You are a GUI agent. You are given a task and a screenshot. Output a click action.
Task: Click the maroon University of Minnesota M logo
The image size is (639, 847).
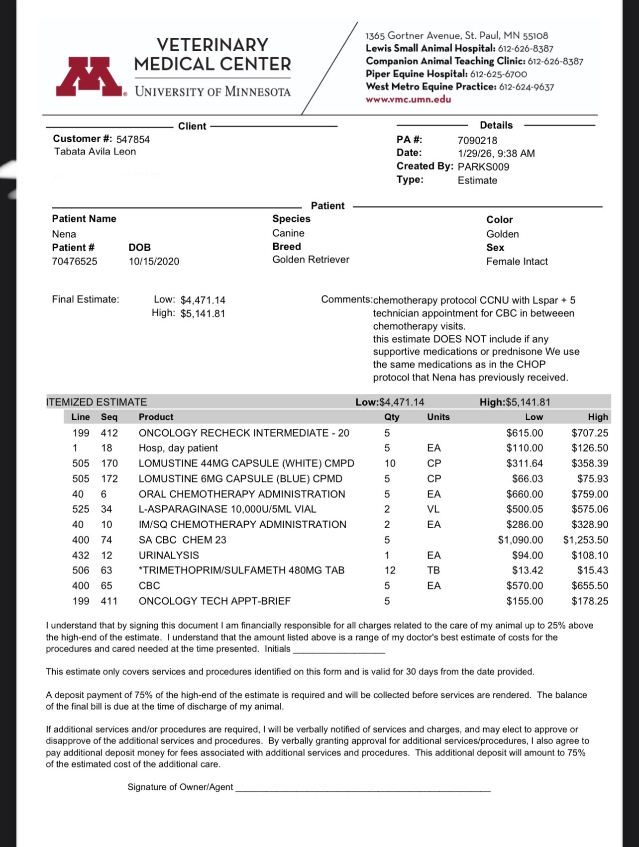[89, 76]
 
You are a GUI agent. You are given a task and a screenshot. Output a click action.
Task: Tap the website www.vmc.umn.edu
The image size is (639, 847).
[408, 99]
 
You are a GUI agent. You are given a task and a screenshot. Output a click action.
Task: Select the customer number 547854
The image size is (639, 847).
[133, 140]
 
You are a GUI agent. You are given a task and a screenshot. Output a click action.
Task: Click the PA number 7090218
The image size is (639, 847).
[477, 141]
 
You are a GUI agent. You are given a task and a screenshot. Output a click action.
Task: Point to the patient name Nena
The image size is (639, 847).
[64, 234]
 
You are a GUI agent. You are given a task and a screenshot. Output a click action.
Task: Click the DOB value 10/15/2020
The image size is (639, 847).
[154, 262]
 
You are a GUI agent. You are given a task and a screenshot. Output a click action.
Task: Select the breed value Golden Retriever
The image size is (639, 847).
[311, 260]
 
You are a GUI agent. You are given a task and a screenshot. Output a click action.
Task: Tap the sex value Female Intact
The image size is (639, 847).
[517, 262]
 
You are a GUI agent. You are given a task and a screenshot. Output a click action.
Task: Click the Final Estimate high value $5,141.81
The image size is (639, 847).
[203, 314]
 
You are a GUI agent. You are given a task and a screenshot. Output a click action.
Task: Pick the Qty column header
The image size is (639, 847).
[392, 417]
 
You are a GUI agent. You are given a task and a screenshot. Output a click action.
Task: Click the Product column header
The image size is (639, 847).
[156, 417]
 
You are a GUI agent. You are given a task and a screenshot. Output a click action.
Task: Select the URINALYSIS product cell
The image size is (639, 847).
[169, 556]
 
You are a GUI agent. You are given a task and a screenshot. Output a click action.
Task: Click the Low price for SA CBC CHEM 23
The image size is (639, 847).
[521, 540]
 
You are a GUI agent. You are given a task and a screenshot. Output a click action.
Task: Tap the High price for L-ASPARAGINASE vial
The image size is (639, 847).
[590, 509]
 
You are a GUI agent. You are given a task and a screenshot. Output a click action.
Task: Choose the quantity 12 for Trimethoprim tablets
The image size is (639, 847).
[390, 570]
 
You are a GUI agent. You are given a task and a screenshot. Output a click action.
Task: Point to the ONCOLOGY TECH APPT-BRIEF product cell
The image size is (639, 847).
[214, 601]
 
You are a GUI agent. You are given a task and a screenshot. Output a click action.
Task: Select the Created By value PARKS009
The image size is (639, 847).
[483, 167]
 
